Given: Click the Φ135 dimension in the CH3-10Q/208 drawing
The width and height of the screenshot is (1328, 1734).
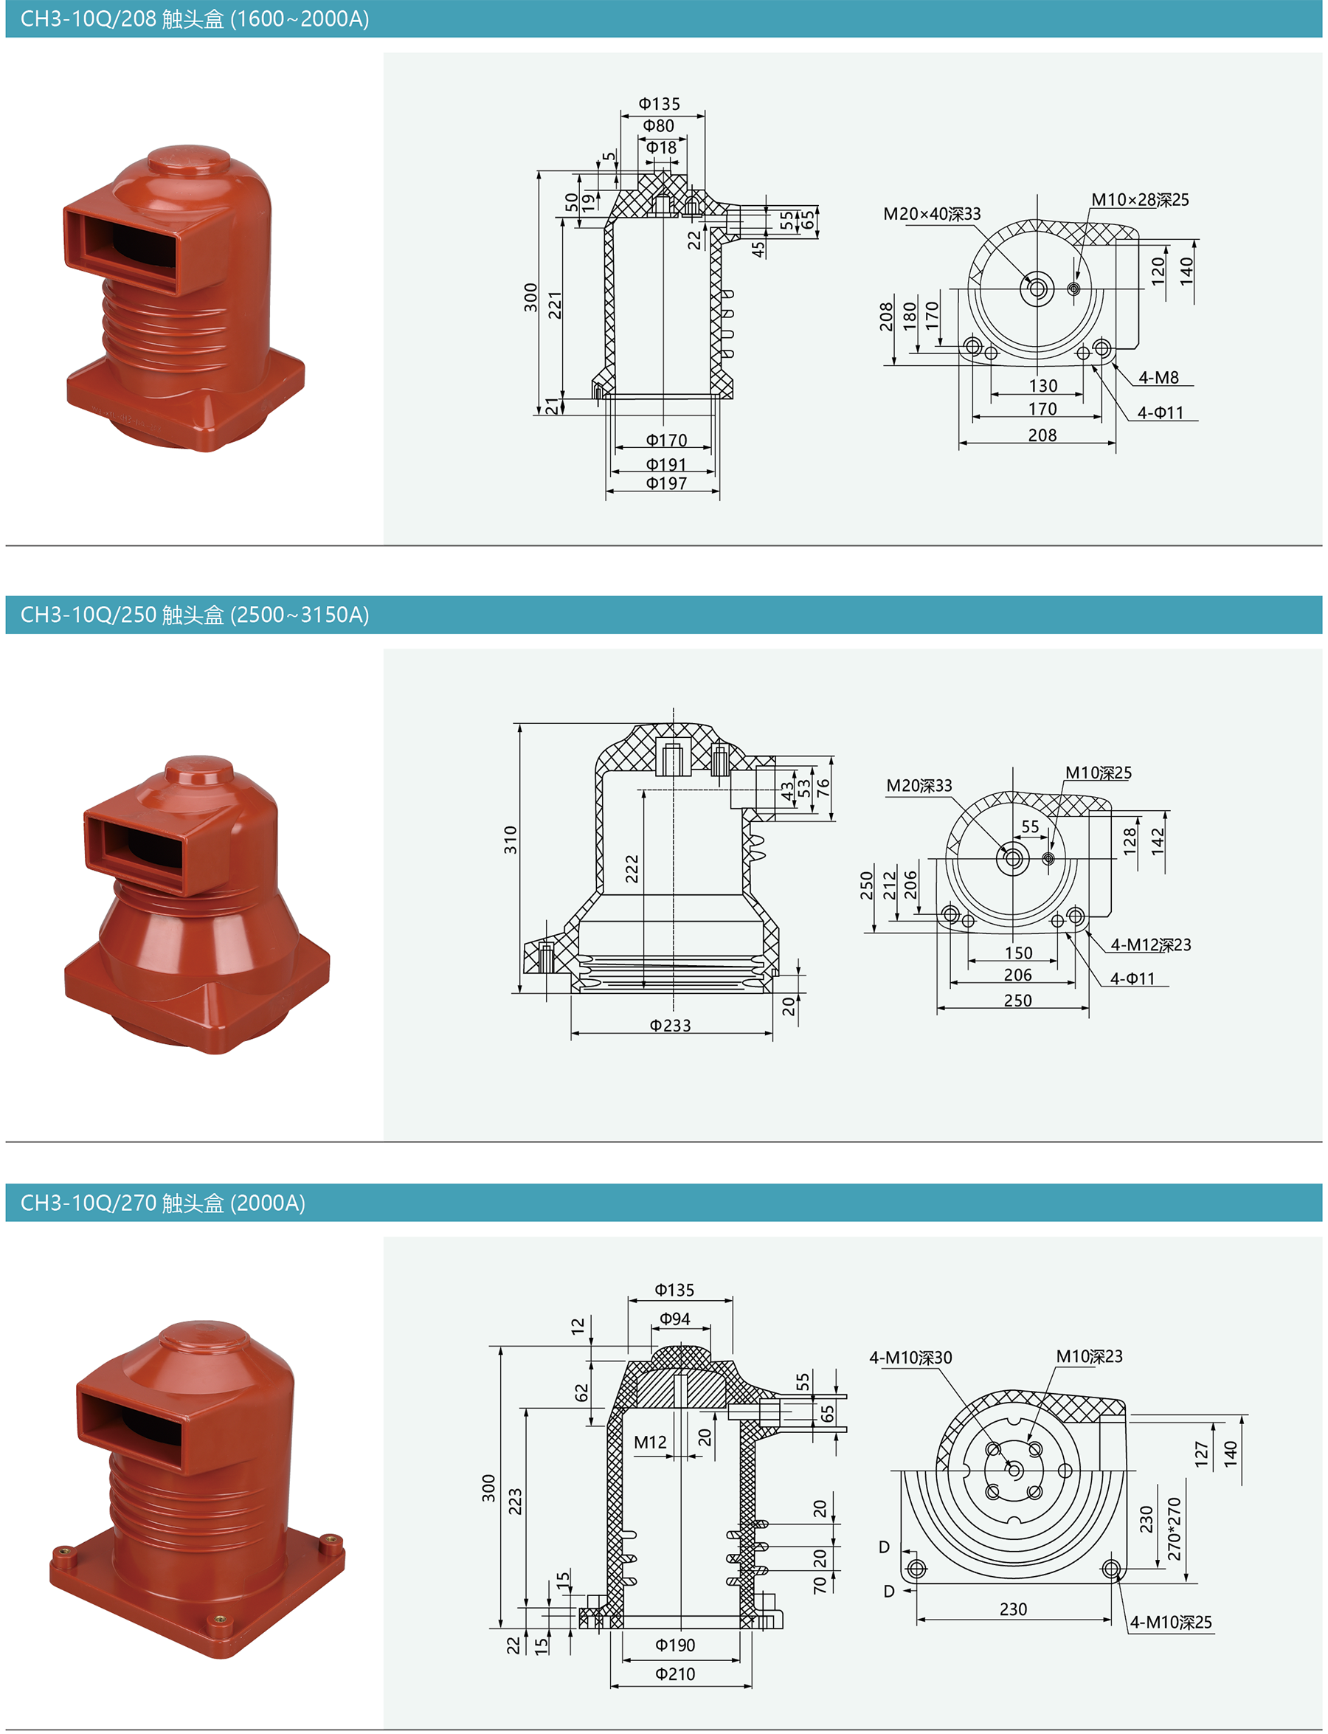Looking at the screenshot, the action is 660,103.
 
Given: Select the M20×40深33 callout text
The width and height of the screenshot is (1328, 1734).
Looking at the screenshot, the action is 932,213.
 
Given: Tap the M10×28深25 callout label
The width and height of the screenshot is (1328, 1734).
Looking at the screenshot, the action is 1140,200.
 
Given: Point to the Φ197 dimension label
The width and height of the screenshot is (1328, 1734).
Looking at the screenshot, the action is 666,483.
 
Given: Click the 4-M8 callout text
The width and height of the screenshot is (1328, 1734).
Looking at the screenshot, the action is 1158,378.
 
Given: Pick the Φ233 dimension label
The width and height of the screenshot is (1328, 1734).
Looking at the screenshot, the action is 671,1026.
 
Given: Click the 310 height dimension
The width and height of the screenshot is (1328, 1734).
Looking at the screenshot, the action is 511,840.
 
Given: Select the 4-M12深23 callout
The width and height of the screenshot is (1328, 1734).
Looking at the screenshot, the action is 1150,945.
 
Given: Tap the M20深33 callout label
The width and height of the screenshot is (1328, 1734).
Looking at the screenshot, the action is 919,785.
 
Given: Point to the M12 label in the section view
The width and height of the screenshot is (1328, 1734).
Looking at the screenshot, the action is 650,1443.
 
